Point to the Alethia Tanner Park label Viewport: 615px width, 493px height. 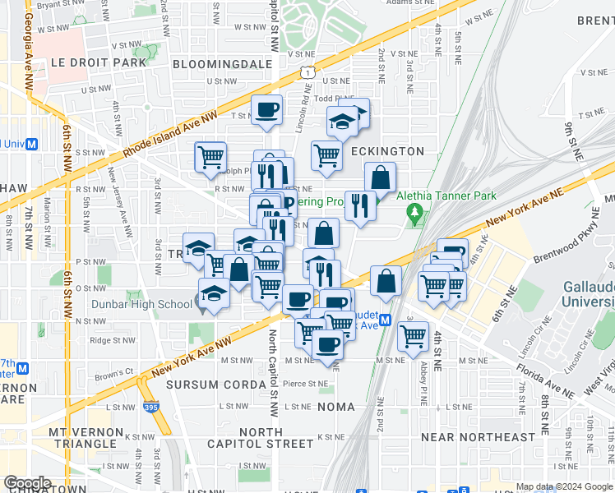tap(447, 196)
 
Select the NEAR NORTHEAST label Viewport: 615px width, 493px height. tap(478, 437)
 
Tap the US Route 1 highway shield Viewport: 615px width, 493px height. tap(307, 74)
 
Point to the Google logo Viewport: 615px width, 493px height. tap(27, 482)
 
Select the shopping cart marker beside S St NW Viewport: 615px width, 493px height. tap(210, 156)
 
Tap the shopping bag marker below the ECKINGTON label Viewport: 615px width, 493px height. tap(380, 177)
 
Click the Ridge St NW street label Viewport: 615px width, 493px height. tap(111, 339)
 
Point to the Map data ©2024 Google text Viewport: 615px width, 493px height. tap(565, 486)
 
